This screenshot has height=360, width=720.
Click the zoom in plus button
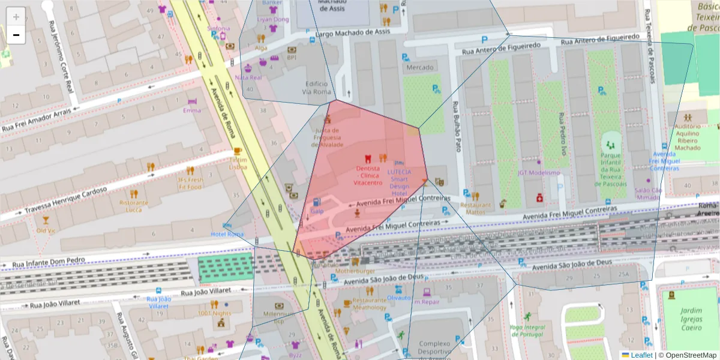(x=16, y=17)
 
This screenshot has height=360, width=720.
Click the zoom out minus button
(x=16, y=35)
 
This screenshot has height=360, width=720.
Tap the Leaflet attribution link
(x=641, y=355)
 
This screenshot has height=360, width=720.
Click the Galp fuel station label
(x=317, y=211)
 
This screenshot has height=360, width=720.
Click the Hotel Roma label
(x=227, y=233)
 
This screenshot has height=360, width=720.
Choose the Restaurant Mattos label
(x=475, y=208)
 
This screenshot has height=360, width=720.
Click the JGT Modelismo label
(x=538, y=173)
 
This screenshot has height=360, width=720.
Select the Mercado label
(x=420, y=67)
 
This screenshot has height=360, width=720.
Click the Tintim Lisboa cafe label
(x=238, y=163)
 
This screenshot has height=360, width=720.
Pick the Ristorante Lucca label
(x=134, y=206)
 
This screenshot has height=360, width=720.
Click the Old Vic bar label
(x=46, y=230)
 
